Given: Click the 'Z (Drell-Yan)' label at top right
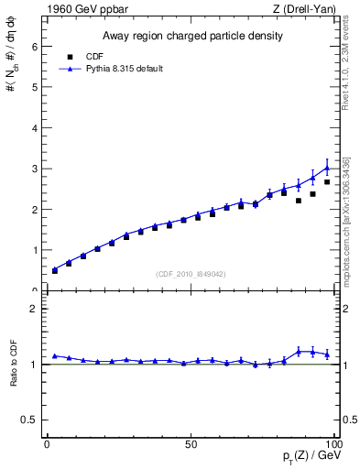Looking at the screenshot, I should click(310, 9).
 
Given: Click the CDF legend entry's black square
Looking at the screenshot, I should click(68, 56).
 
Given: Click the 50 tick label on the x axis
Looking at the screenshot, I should click(191, 444).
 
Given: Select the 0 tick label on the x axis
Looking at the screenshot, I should click(48, 444).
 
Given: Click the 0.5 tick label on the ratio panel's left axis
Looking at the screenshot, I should click(28, 420).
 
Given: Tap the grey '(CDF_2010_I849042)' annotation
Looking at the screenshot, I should click(191, 272).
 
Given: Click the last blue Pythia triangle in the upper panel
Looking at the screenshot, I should click(327, 168).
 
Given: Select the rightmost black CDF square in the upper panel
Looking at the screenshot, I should click(327, 182).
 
